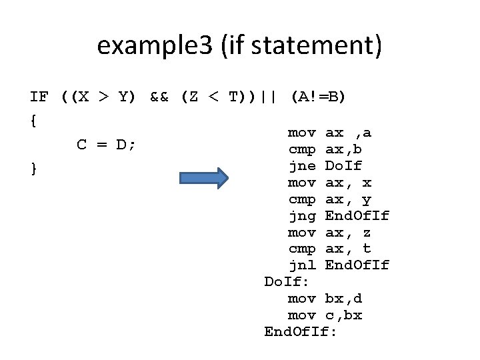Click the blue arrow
(204, 179)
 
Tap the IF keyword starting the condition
(39, 97)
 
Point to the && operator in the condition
(159, 97)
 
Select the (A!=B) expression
(318, 97)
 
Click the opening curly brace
(33, 121)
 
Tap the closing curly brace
(33, 169)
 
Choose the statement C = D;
(107, 145)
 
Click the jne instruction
(301, 166)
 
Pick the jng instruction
(301, 216)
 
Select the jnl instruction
(301, 265)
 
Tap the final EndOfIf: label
(301, 331)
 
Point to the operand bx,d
(343, 298)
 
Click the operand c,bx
(343, 315)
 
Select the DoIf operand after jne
(343, 166)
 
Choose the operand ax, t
(347, 249)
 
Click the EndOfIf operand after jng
(357, 216)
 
